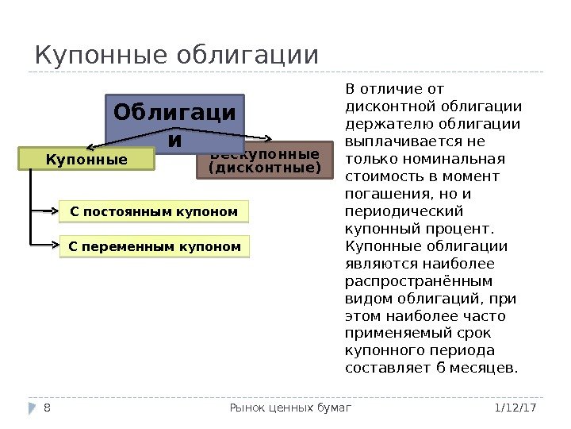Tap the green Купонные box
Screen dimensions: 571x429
(x=86, y=160)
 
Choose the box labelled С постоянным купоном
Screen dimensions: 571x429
(x=154, y=212)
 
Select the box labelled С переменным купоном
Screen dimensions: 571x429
(x=155, y=247)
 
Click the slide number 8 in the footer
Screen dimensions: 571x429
(x=48, y=408)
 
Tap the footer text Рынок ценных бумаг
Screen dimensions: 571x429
(x=289, y=408)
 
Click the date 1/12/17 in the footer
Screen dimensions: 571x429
(x=515, y=408)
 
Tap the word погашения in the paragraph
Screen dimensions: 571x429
(x=380, y=193)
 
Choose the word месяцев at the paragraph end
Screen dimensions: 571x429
(x=485, y=368)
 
